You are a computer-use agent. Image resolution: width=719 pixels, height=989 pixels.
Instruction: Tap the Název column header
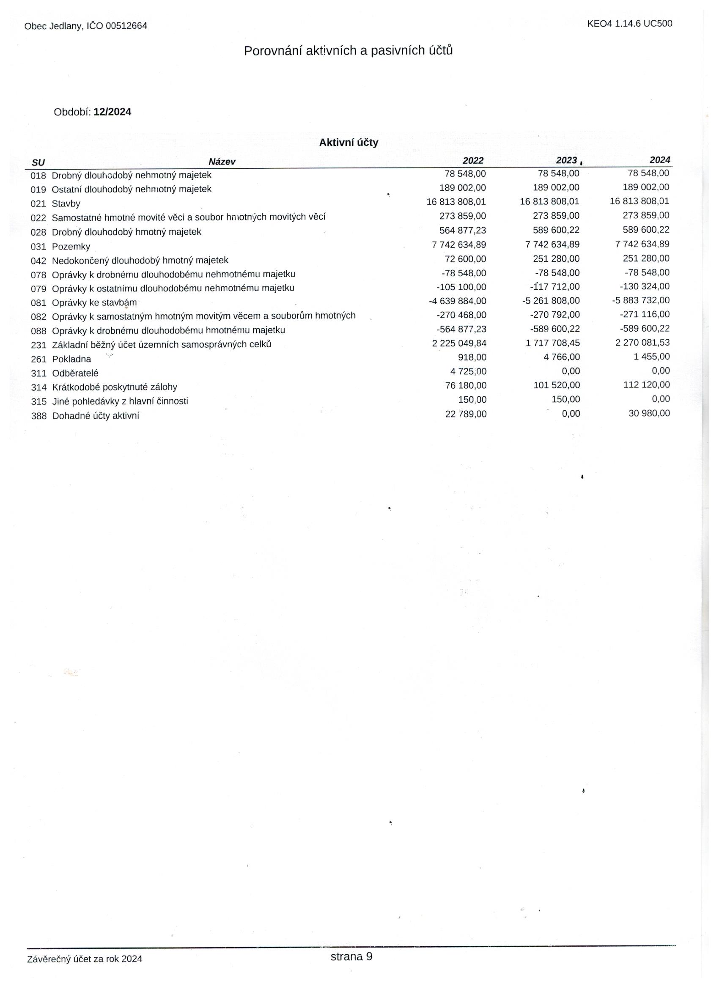coord(222,162)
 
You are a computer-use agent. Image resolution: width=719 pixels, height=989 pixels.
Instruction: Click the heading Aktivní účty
coord(349,143)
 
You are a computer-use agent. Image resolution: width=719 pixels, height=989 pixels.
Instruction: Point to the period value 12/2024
coord(112,112)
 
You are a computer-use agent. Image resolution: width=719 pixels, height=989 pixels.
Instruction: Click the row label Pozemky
coord(71,247)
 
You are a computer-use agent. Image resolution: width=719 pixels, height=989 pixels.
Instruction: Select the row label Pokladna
coord(71,359)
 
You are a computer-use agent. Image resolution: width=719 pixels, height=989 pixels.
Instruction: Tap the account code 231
coord(38,345)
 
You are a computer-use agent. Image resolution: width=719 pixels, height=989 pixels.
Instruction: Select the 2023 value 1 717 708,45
coord(552,343)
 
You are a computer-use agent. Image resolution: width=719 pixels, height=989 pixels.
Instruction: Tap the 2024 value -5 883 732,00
coord(641,300)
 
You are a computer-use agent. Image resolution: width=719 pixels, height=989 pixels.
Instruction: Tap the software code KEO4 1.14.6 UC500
coord(629,24)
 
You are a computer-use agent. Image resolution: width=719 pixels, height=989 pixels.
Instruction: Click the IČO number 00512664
coord(126,26)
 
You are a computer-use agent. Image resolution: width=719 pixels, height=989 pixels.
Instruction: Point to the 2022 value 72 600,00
coord(465,259)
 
